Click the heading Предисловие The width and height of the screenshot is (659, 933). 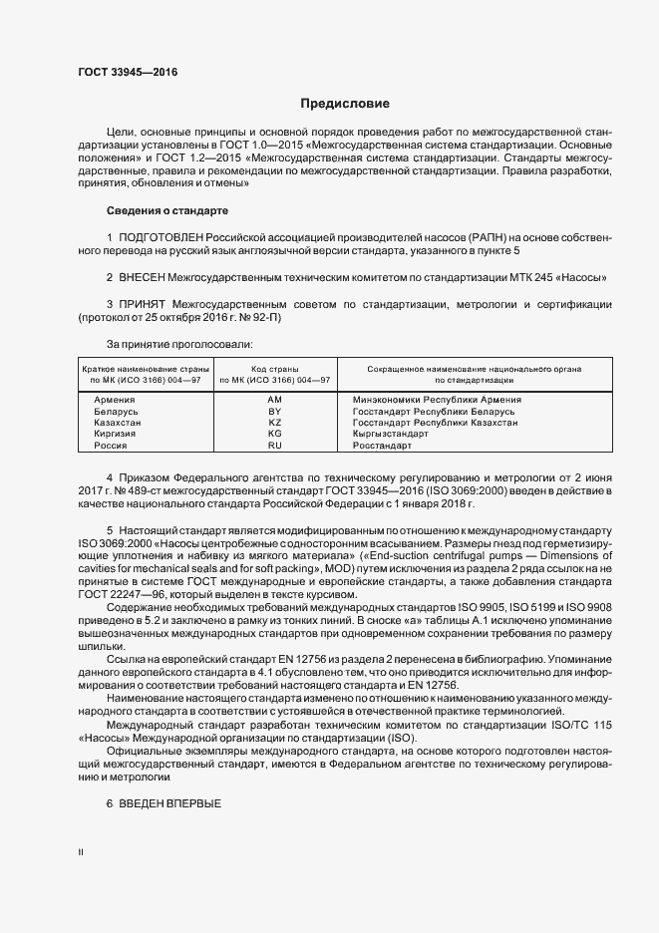pyautogui.click(x=345, y=104)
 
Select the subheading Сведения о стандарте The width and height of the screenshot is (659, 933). pyautogui.click(x=167, y=211)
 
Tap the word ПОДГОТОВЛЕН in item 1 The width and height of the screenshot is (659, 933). pyautogui.click(x=161, y=237)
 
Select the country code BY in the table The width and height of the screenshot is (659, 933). pyautogui.click(x=275, y=411)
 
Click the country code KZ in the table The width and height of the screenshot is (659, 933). pyautogui.click(x=275, y=423)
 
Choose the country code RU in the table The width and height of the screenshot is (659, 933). pyautogui.click(x=275, y=446)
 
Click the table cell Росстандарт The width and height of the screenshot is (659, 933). pyautogui.click(x=383, y=446)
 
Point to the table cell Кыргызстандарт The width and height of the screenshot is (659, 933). pyautogui.click(x=391, y=434)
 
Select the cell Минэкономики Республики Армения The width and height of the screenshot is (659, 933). pyautogui.click(x=437, y=400)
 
